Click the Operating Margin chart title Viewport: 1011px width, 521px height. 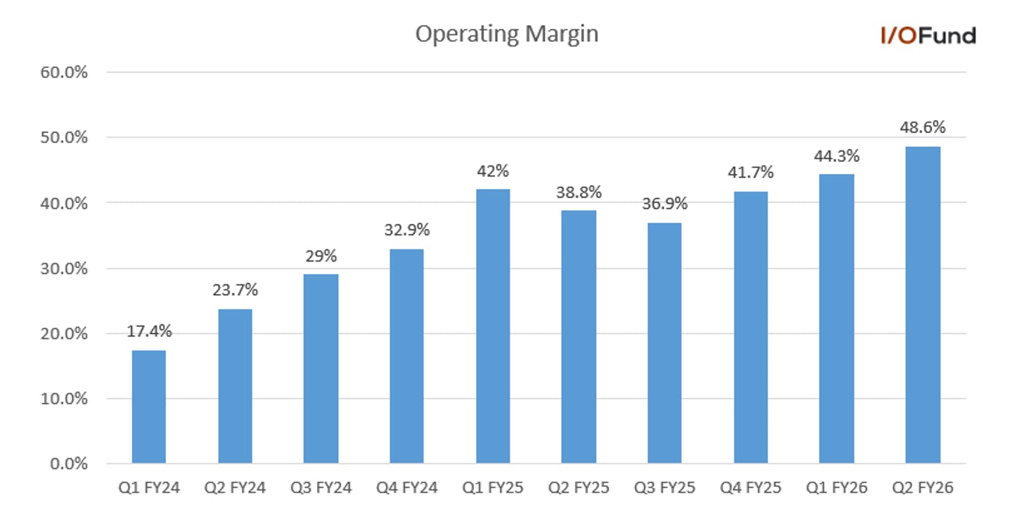506,34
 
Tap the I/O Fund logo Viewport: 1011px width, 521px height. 928,35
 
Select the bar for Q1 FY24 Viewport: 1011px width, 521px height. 149,406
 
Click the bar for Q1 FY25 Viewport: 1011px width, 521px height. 493,326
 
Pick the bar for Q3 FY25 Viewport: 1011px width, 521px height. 664,343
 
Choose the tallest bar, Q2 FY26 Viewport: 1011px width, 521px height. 922,304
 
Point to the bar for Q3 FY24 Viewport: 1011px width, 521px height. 321,369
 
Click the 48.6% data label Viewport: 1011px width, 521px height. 922,127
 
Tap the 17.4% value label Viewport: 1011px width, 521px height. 149,331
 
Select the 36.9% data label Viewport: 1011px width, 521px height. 664,203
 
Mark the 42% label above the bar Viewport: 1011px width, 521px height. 493,171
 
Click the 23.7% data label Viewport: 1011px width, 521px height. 235,289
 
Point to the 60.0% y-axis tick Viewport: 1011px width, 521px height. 64,72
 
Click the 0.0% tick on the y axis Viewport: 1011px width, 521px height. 68,463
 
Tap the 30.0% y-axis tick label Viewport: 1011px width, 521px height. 64,268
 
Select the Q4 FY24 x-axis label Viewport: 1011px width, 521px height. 406,488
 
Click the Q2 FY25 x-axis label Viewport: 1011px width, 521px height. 578,488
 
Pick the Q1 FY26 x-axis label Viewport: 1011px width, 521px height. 836,488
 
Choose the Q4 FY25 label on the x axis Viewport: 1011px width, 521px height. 750,488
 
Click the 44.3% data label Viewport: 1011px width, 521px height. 836,156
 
